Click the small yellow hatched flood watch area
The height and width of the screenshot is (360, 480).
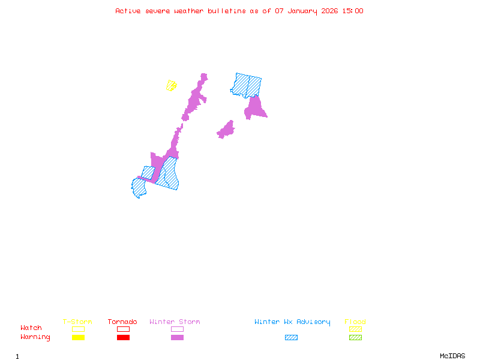[x=172, y=85]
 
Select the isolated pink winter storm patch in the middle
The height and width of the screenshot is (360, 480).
[x=226, y=130]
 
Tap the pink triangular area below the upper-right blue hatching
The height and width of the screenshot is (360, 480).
[x=254, y=109]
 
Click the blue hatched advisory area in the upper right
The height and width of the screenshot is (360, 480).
[x=247, y=85]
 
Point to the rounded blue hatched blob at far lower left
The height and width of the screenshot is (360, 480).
[x=139, y=187]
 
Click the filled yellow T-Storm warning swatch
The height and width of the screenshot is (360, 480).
[x=78, y=338]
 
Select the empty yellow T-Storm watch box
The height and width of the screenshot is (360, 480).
[x=78, y=329]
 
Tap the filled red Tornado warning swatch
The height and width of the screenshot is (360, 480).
[x=123, y=338]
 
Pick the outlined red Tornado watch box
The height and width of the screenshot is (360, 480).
[x=123, y=329]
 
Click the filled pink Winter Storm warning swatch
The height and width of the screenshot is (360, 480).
[x=177, y=338]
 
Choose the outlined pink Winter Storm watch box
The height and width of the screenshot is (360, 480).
[x=177, y=329]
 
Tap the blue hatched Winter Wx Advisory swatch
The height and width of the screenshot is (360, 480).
[x=291, y=338]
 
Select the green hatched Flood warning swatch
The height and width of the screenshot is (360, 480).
[x=355, y=338]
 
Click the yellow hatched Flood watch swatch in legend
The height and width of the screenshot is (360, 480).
[x=355, y=329]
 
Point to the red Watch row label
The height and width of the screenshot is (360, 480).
[x=31, y=328]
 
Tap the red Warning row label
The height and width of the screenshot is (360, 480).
[x=35, y=337]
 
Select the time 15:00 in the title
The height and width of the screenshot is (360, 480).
[x=352, y=11]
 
